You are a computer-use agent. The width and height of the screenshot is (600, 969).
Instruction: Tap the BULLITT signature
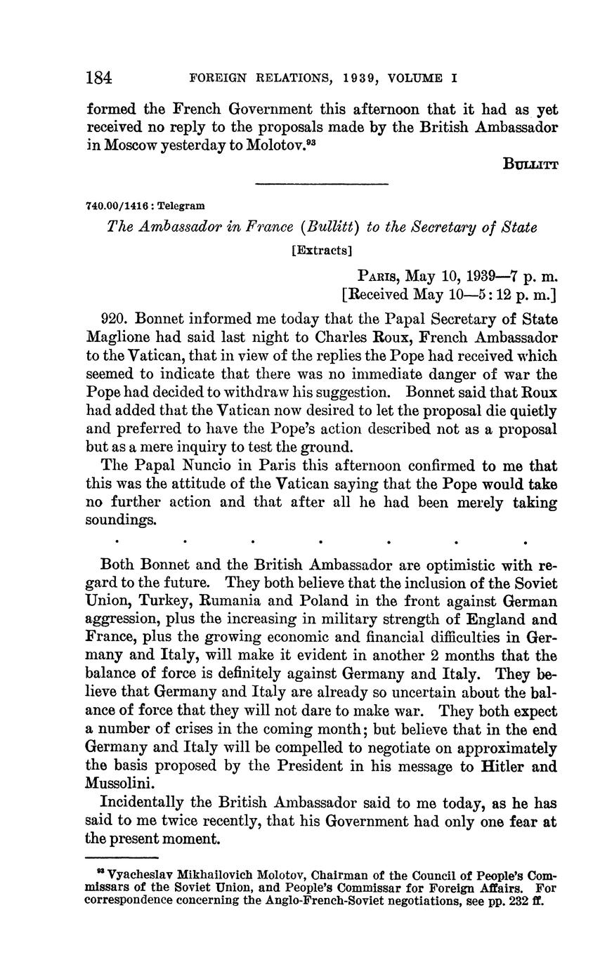(x=530, y=164)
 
